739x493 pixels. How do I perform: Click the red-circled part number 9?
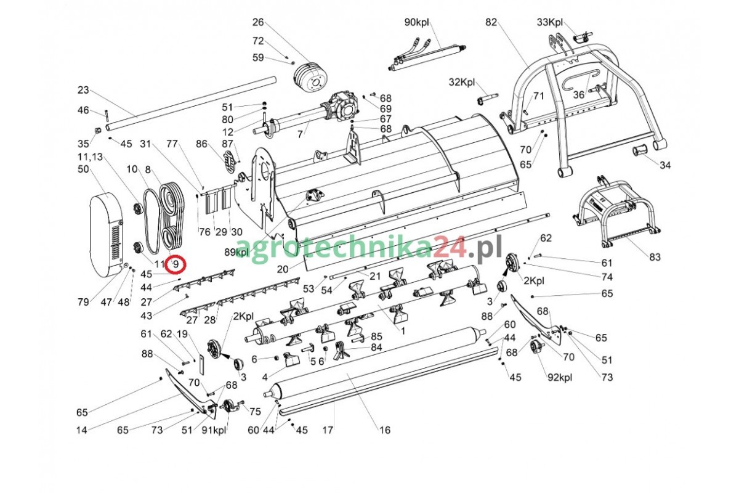[176, 264]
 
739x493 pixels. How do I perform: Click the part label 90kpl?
[417, 22]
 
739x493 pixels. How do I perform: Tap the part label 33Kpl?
[550, 22]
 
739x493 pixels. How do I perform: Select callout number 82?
[491, 22]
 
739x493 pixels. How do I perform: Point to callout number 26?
[258, 22]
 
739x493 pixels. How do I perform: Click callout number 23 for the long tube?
[83, 90]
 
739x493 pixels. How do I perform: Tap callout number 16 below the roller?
[384, 430]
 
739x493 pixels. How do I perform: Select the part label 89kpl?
[236, 252]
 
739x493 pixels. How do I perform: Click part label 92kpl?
[560, 377]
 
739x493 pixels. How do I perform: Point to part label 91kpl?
[214, 430]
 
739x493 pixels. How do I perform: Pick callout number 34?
[665, 165]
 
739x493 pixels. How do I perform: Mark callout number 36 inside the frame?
[578, 95]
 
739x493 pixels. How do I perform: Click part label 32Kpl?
[462, 82]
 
